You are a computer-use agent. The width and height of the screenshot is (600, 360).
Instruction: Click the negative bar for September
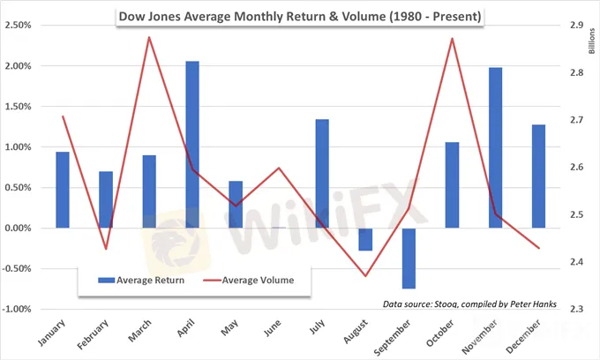[x=409, y=258]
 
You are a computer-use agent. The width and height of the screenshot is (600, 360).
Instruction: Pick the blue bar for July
[x=322, y=173]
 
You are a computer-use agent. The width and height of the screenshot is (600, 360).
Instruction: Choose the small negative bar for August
[x=365, y=239]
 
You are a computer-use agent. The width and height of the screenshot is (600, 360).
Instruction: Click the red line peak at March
[x=149, y=37]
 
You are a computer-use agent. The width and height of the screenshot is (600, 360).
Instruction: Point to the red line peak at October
[x=452, y=38]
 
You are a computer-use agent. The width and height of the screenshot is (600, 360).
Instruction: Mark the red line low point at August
[x=365, y=276]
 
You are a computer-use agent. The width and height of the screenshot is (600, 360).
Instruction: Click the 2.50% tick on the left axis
[x=24, y=26]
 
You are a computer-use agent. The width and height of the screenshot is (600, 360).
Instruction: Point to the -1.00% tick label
[x=22, y=310]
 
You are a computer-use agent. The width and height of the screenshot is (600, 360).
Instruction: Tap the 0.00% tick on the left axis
[x=24, y=229]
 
